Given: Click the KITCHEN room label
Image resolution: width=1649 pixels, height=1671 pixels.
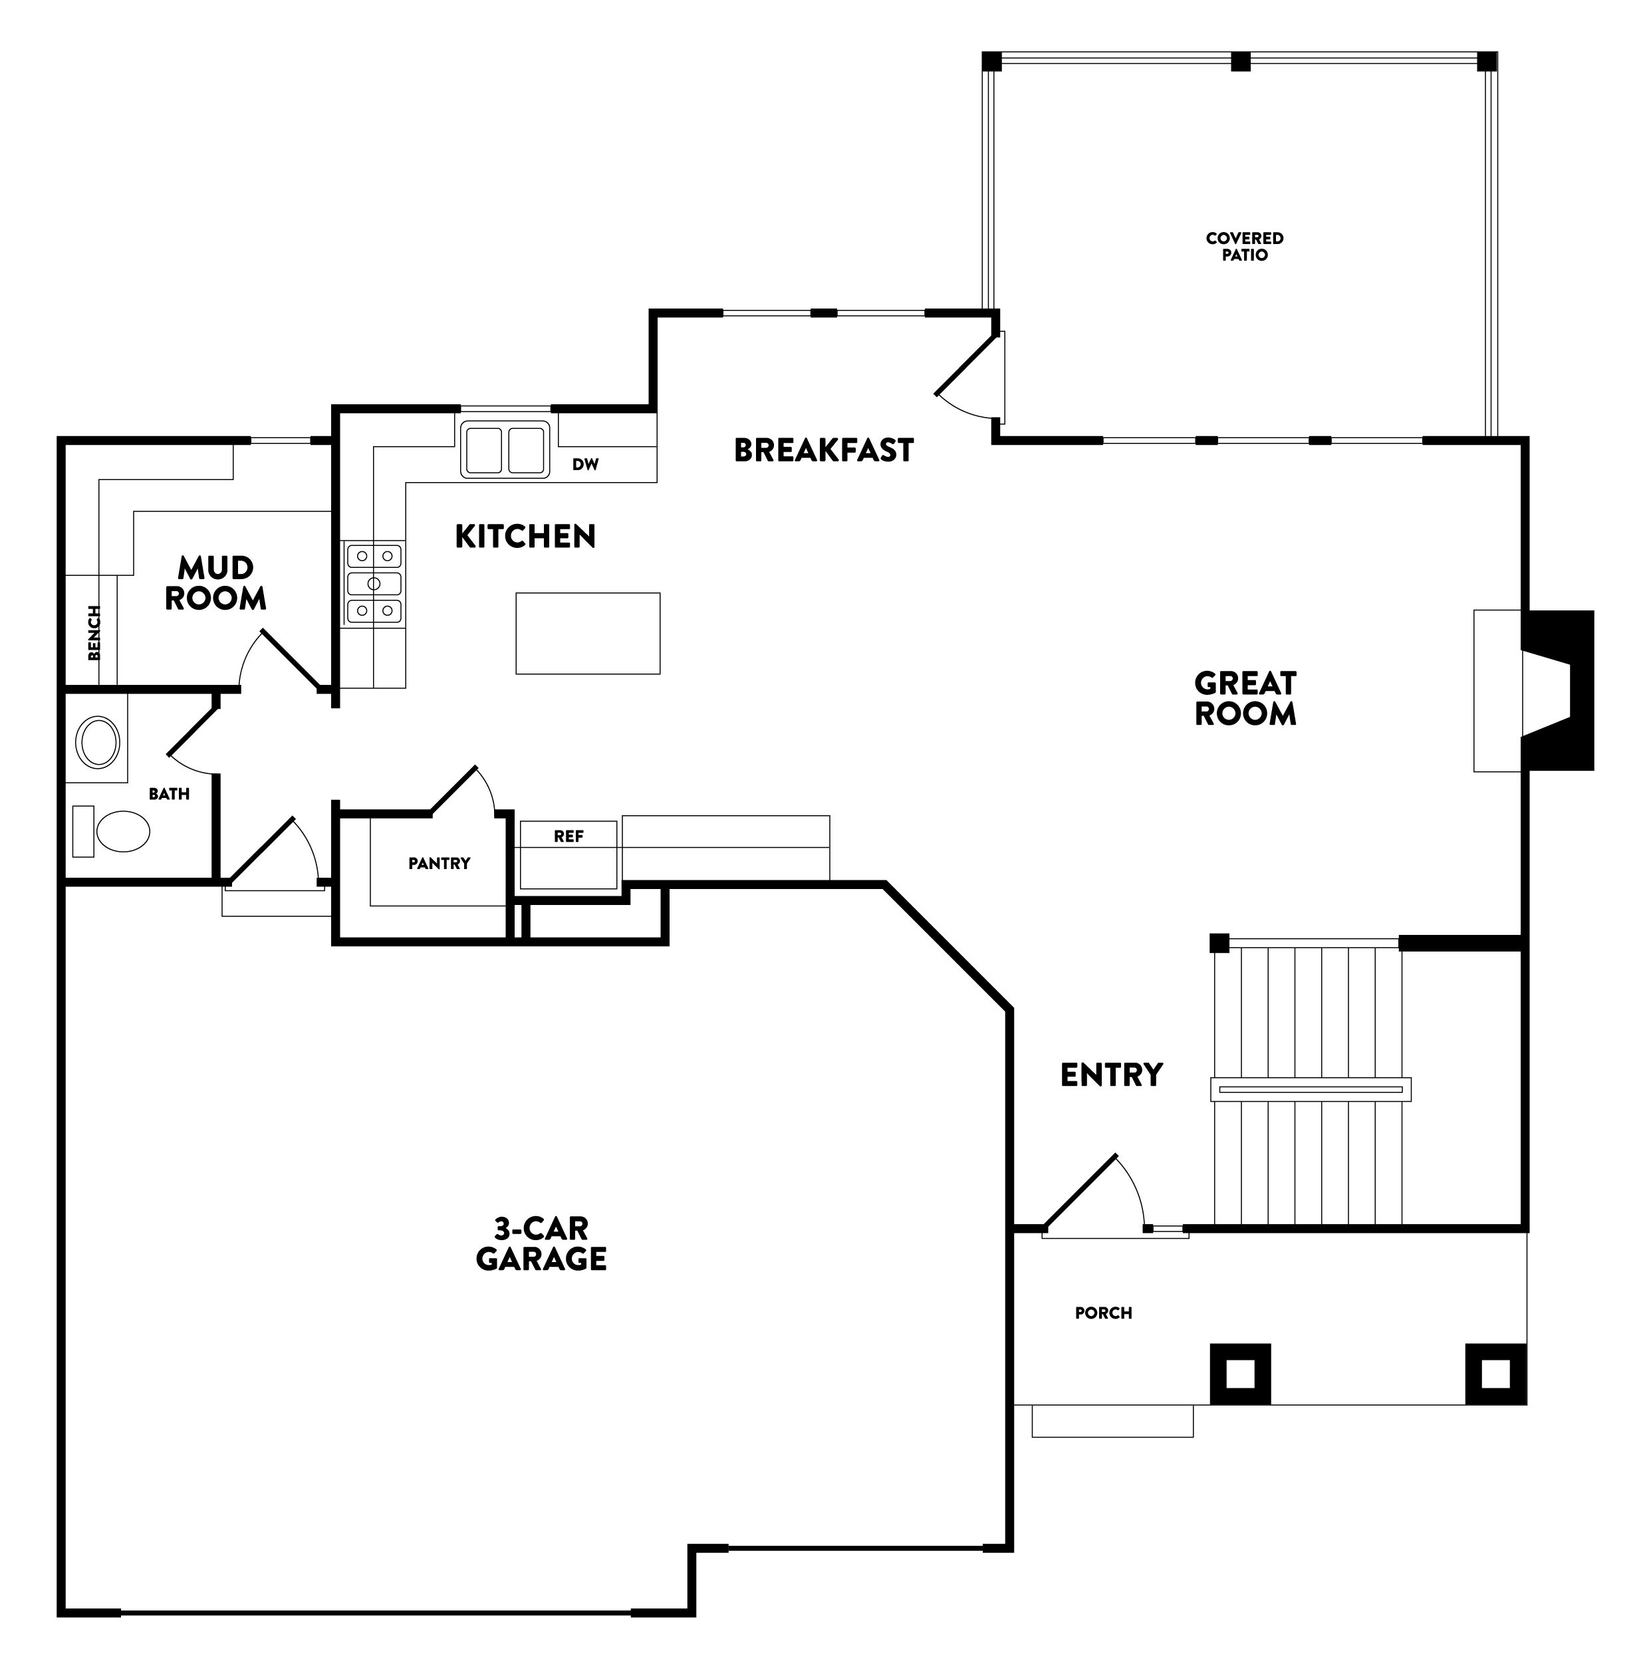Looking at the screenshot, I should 525,536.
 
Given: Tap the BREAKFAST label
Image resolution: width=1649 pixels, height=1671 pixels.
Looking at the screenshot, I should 823,450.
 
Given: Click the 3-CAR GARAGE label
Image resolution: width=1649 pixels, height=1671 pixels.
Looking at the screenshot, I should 541,1243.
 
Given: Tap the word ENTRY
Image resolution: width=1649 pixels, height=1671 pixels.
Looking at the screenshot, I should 1111,1075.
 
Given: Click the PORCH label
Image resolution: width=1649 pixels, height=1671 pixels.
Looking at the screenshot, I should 1102,1313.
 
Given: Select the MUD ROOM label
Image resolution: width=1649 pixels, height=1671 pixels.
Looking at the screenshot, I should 215,583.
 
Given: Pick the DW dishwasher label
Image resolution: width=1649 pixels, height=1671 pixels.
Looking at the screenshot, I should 585,464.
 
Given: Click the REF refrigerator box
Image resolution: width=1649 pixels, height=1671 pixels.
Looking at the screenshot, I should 568,854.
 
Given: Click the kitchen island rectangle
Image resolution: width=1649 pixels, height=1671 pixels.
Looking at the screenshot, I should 587,633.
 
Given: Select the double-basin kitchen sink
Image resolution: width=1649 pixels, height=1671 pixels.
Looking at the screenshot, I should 505,449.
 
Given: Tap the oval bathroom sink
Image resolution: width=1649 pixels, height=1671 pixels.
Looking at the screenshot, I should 98,741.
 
